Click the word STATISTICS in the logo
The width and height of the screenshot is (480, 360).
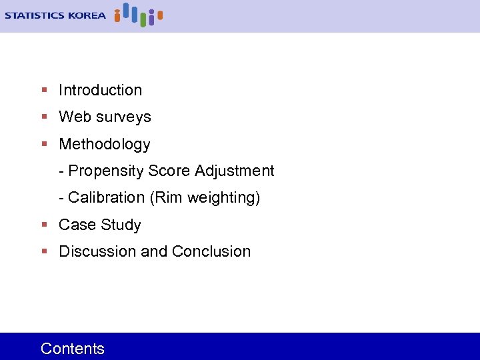[35, 15]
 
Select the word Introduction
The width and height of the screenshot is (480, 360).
[100, 90]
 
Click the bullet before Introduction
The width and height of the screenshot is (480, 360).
[44, 90]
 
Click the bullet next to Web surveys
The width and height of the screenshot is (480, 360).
[44, 117]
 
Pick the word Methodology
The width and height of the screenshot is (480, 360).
[105, 144]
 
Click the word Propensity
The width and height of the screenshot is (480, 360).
[106, 171]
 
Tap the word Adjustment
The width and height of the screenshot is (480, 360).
[234, 171]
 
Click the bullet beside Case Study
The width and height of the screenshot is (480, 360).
[44, 225]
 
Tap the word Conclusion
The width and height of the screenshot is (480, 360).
[211, 251]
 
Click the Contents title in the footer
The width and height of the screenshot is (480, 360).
[73, 348]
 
